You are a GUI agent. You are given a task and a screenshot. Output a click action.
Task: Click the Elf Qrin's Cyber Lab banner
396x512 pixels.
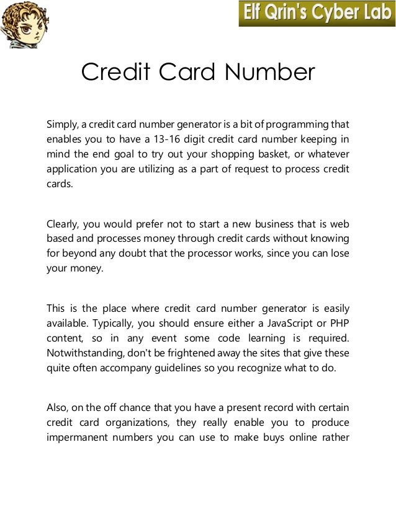[x=316, y=14]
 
